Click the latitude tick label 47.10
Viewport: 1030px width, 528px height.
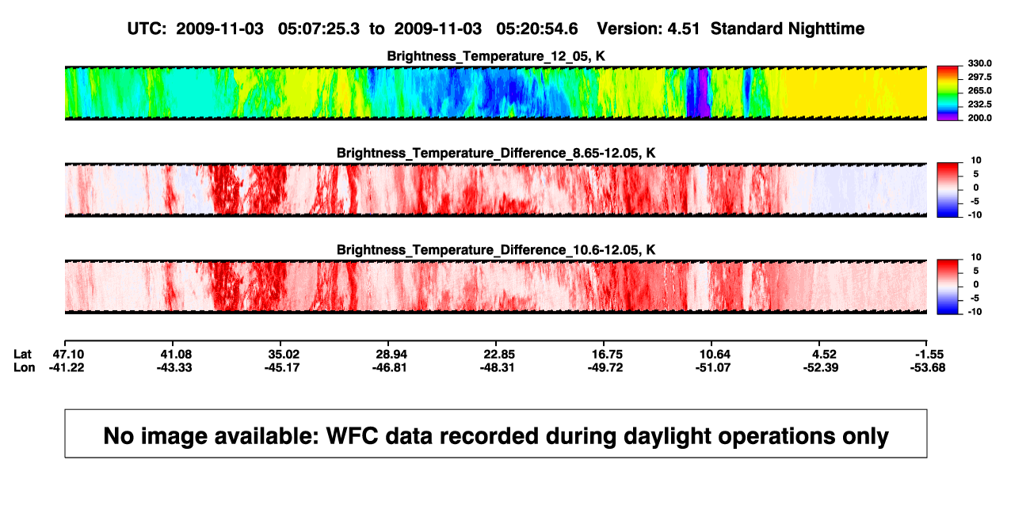click(68, 355)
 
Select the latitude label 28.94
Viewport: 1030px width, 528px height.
click(391, 355)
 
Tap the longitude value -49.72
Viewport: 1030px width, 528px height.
click(605, 367)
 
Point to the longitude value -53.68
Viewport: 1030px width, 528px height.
click(928, 367)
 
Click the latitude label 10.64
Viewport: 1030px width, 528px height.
click(715, 355)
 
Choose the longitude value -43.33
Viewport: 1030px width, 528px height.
click(174, 367)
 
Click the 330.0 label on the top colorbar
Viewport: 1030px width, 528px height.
click(979, 63)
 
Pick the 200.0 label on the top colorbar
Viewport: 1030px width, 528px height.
click(979, 118)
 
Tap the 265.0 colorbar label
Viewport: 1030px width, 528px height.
click(979, 90)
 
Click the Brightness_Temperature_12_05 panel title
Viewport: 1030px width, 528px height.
click(496, 56)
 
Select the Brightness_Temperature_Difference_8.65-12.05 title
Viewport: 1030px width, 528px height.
click(496, 153)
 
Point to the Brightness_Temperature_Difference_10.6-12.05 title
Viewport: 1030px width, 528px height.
click(496, 250)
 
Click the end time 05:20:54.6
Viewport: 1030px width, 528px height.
click(536, 29)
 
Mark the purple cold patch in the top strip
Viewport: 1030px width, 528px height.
click(704, 93)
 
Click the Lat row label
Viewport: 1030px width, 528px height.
click(22, 355)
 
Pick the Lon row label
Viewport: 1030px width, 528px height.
click(24, 367)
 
